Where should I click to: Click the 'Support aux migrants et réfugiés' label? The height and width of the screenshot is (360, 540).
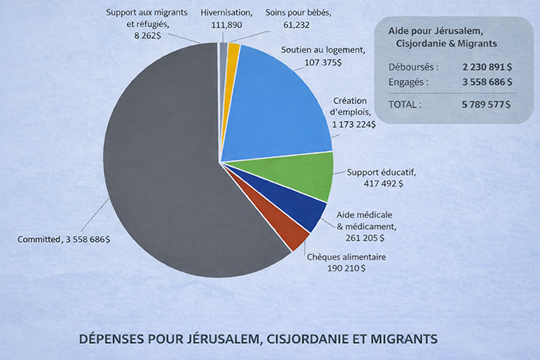point(146,19)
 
